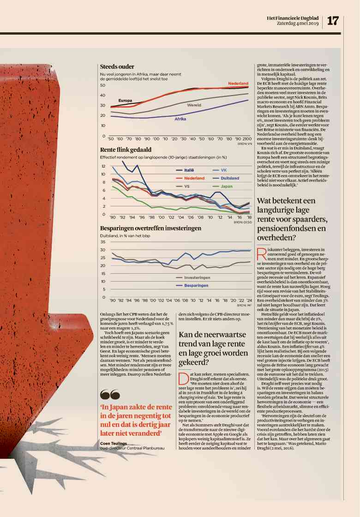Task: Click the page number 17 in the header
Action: (x=333, y=20)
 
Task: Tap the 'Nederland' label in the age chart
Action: (x=238, y=84)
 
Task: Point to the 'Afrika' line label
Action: (x=180, y=119)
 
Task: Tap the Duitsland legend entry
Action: (x=230, y=178)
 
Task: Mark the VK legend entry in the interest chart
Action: (x=224, y=170)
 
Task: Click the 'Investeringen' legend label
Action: (x=197, y=277)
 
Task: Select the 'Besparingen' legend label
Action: (x=196, y=285)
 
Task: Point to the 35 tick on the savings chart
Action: (x=102, y=241)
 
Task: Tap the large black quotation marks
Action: (x=110, y=395)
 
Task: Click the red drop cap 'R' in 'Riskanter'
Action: (x=261, y=253)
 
